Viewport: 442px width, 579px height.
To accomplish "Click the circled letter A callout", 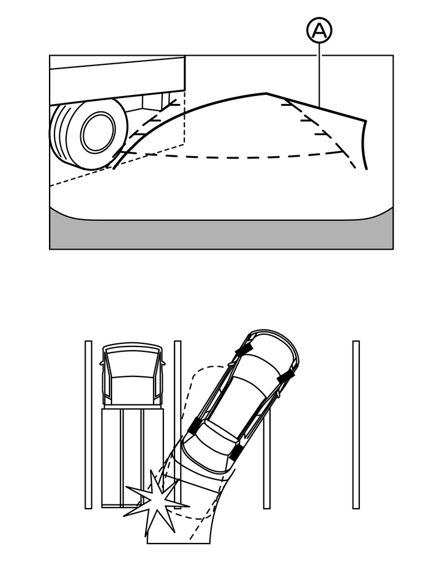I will [319, 31].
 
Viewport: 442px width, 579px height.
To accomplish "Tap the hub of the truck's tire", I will [97, 132].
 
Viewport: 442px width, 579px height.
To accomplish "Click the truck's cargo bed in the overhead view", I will [132, 456].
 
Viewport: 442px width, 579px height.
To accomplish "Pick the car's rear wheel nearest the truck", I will [194, 426].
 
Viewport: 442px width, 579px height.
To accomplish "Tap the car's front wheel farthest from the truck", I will [285, 378].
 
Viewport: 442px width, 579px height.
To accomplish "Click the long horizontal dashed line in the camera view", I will [245, 156].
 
